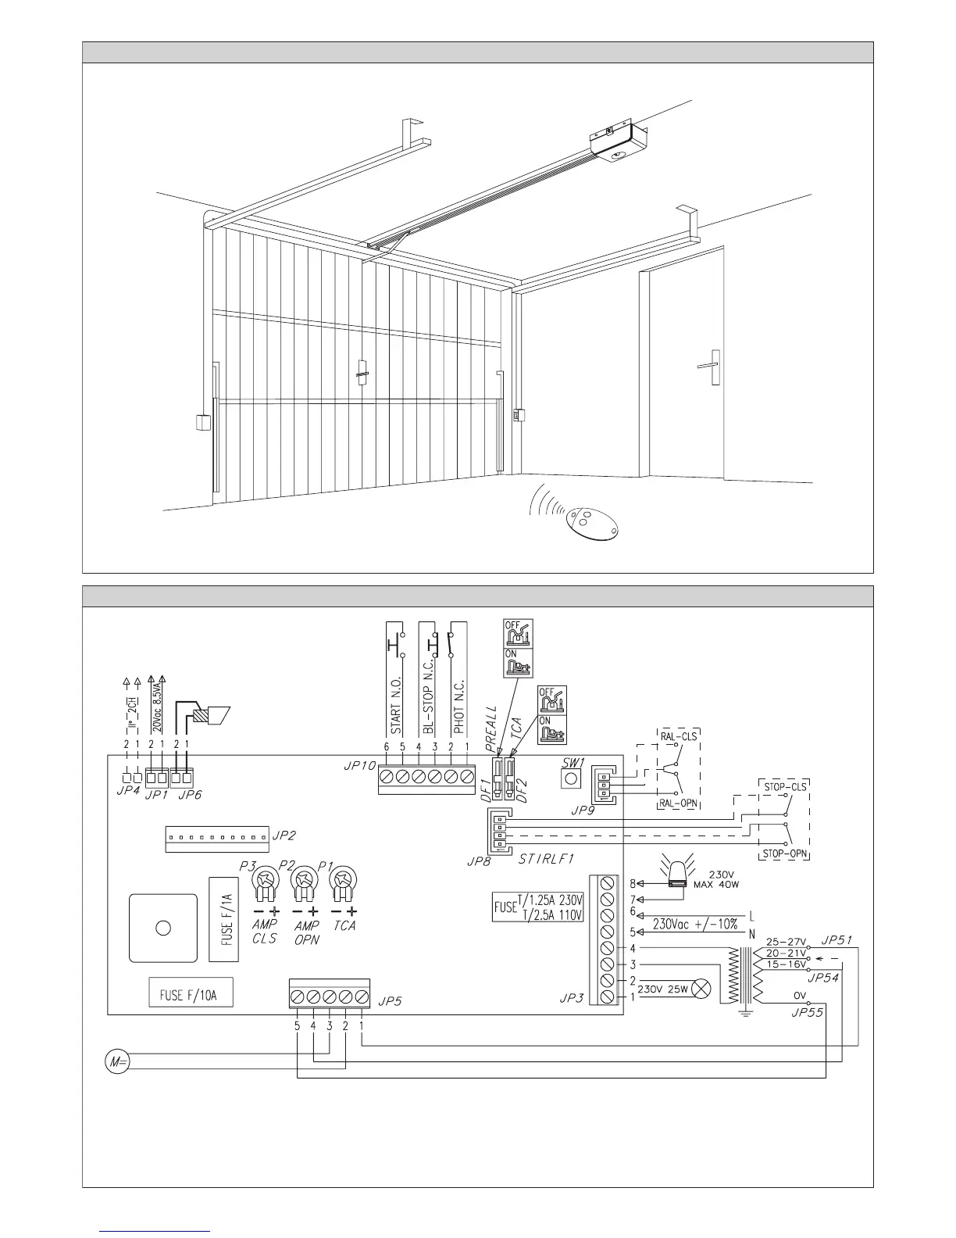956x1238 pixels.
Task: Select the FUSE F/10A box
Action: (191, 995)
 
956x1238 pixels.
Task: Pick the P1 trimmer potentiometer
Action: (342, 882)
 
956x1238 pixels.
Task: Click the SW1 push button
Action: (572, 778)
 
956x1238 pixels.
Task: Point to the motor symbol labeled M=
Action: (116, 1061)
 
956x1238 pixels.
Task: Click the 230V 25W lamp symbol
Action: (702, 989)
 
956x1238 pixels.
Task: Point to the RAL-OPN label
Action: (676, 803)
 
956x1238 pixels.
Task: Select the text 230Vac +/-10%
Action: (695, 923)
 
